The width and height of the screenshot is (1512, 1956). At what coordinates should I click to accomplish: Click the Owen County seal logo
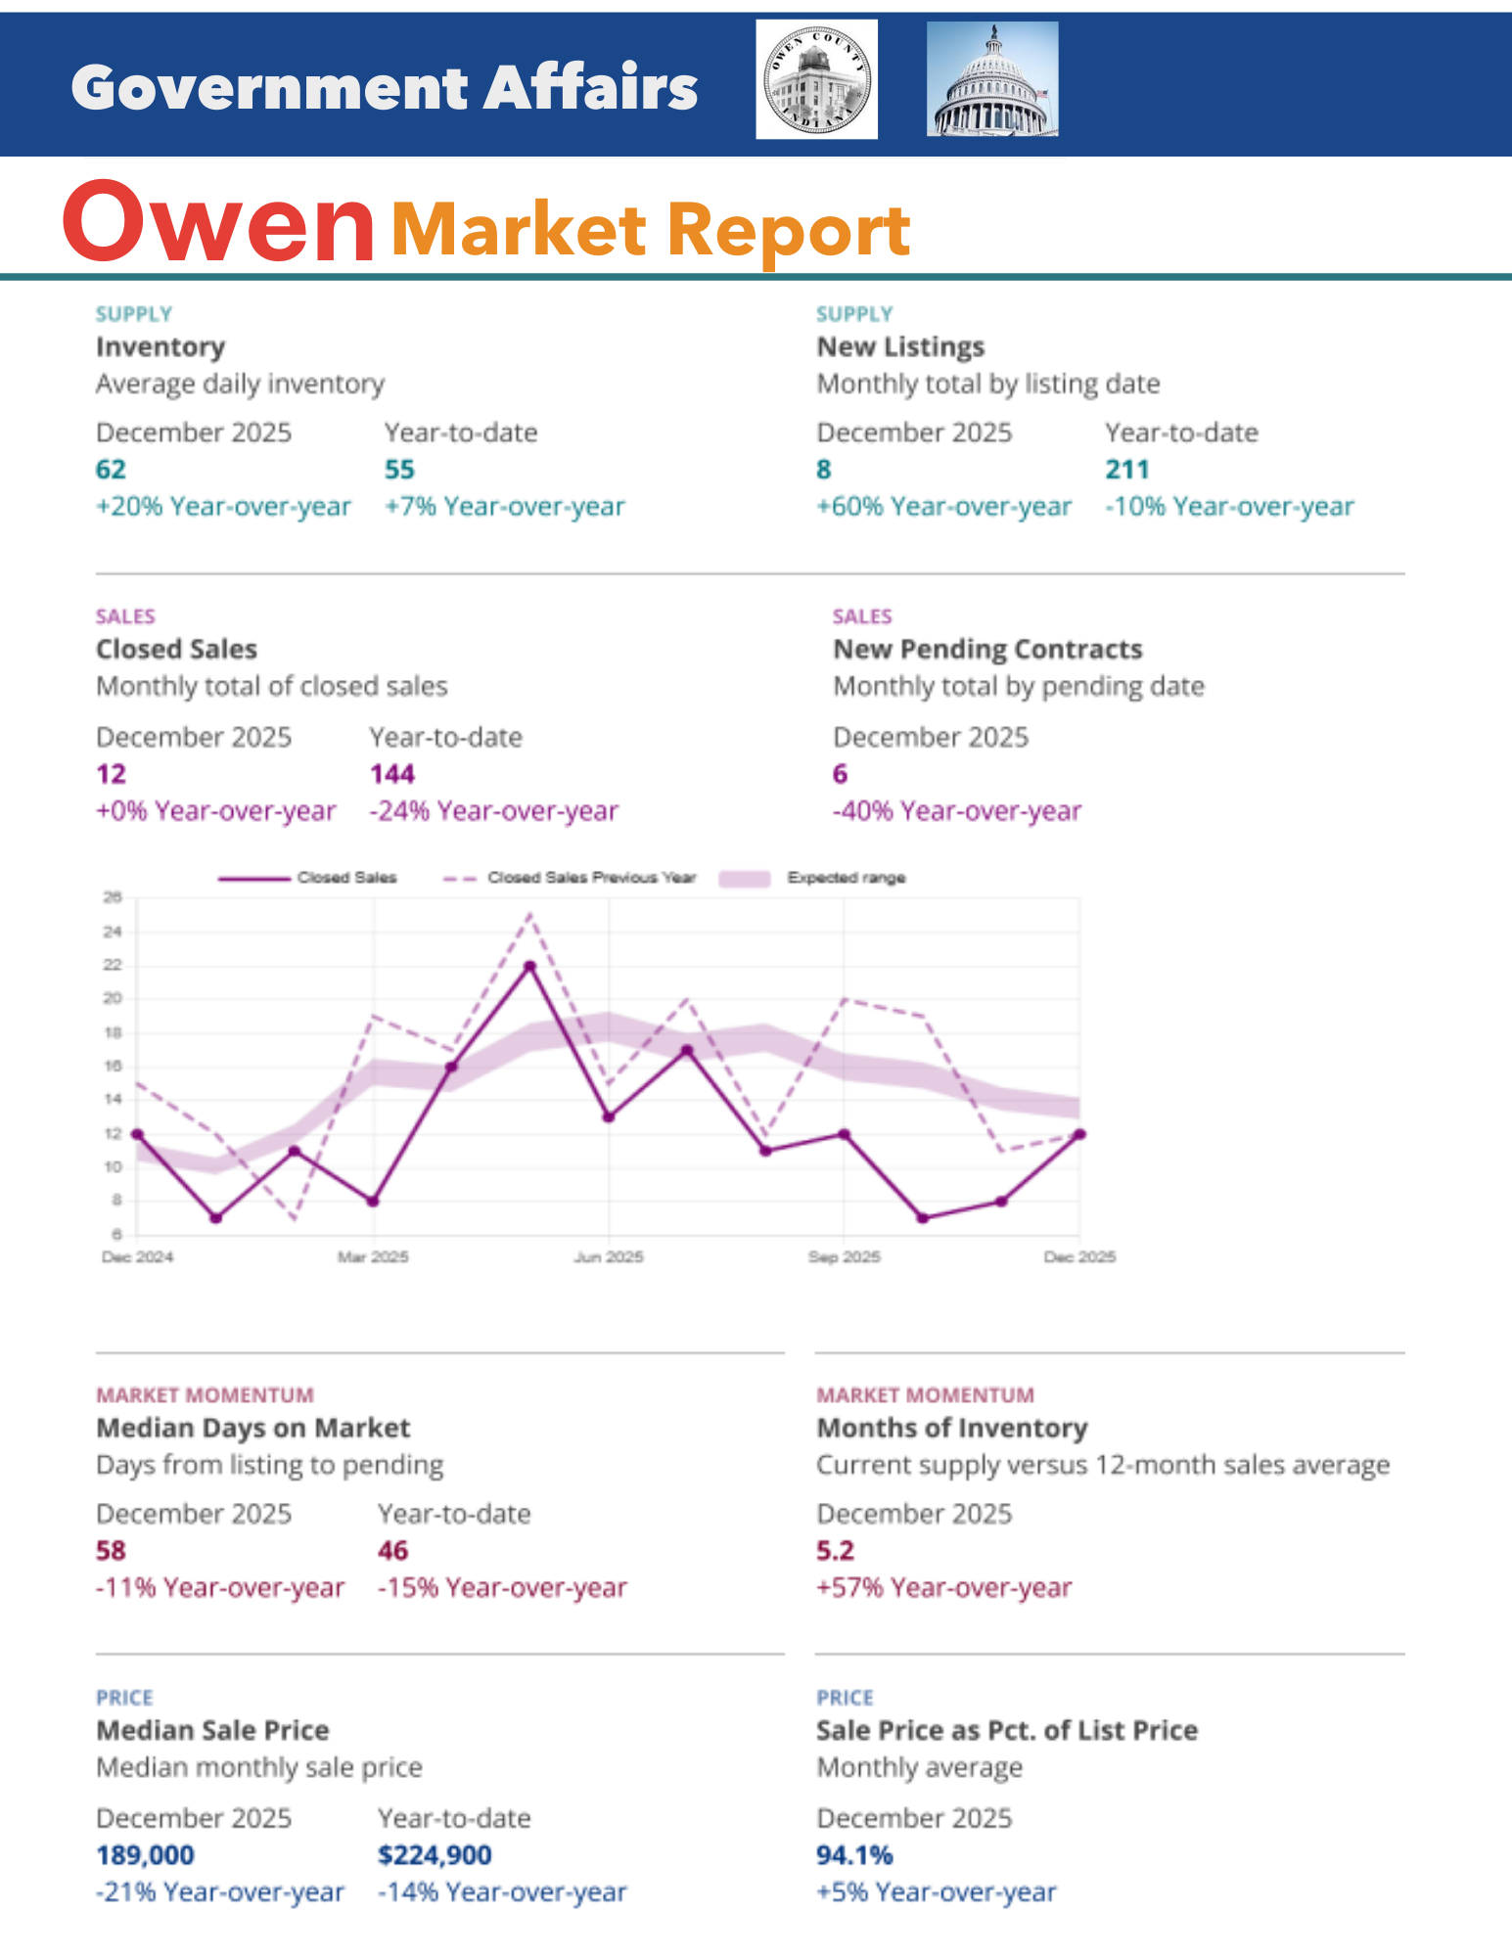816,79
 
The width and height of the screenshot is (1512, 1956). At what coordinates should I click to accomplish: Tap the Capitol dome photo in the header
992,79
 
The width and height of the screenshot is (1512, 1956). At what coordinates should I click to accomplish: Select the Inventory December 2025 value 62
111,470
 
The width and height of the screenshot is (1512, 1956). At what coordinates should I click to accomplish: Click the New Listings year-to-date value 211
1126,470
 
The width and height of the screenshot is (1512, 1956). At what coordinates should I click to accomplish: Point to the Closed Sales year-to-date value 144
392,774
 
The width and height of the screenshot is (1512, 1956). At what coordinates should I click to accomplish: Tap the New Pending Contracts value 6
840,774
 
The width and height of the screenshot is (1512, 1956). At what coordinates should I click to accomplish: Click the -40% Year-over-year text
956,811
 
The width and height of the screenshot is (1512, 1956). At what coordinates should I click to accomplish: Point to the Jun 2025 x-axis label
608,1256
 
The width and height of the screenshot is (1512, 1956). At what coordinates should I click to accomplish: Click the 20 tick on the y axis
113,998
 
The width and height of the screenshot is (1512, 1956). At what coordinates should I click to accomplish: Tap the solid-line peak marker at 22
529,966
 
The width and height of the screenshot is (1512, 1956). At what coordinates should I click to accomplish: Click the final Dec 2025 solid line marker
1079,1134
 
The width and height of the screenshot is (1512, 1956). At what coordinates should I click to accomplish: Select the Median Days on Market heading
252,1428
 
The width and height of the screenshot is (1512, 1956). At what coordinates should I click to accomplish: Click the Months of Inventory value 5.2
835,1551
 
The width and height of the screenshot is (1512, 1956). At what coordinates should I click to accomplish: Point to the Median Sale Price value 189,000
145,1855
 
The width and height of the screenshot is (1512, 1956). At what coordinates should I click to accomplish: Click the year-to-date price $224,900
435,1855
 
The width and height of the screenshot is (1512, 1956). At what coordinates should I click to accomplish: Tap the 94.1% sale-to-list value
854,1855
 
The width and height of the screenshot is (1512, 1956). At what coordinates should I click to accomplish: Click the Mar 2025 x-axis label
373,1256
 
